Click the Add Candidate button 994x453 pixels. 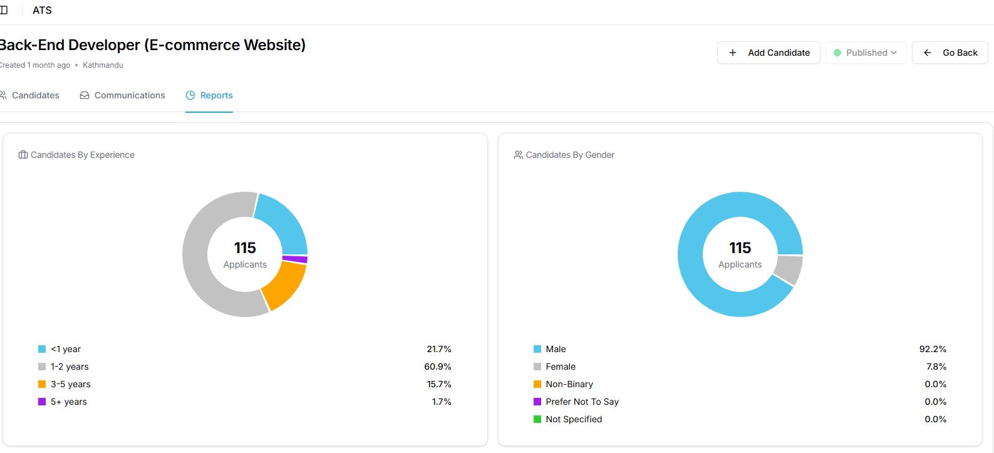click(x=769, y=53)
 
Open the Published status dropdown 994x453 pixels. click(x=866, y=53)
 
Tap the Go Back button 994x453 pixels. click(x=950, y=53)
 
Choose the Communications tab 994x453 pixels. click(x=123, y=95)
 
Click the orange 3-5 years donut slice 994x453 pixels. click(x=285, y=284)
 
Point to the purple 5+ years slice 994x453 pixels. click(x=295, y=259)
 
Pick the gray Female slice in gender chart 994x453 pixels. click(x=789, y=269)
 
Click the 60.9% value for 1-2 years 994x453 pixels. click(x=438, y=367)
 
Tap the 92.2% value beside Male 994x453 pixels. click(x=933, y=349)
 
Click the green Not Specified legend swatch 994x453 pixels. click(x=537, y=419)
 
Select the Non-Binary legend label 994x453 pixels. click(x=569, y=384)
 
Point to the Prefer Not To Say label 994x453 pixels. click(x=582, y=402)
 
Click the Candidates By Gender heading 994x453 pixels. click(x=570, y=155)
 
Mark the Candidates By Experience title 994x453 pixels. click(x=83, y=155)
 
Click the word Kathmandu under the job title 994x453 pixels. click(x=103, y=65)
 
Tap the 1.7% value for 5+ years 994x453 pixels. click(x=442, y=402)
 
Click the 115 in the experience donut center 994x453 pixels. click(x=245, y=248)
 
